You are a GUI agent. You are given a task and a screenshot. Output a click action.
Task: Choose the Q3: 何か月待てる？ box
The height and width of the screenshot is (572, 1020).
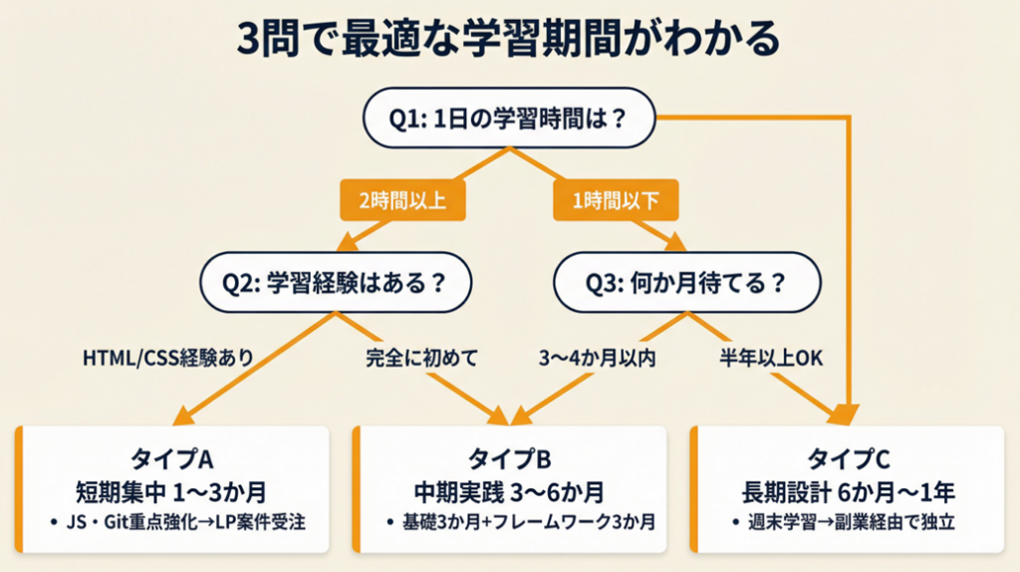686,281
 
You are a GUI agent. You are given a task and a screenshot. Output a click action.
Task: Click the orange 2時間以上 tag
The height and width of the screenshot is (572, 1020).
391,200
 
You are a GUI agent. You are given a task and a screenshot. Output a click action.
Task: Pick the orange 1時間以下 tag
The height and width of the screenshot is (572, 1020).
615,200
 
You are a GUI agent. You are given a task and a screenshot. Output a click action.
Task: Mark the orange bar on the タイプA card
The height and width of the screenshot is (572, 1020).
18,489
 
